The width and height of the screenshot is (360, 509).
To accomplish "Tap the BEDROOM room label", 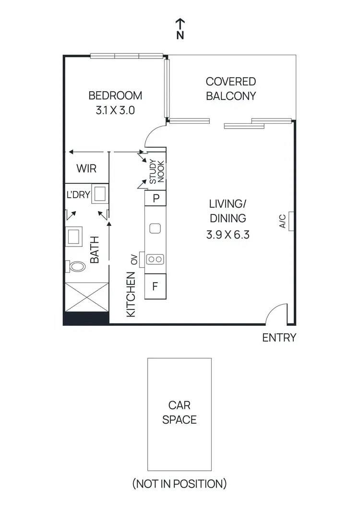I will pos(115,95).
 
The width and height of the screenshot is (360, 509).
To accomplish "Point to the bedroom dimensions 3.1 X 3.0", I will pos(115,110).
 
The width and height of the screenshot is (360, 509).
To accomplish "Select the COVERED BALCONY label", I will pos(231,89).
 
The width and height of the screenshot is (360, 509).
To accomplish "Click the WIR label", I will pos(87,169).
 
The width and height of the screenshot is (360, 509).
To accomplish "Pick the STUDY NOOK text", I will pos(156,172).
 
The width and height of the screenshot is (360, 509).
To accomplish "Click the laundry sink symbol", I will pos(100,194).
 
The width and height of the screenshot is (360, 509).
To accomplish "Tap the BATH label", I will pos(95,249).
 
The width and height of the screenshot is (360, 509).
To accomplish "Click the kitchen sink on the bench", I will pos(155,228).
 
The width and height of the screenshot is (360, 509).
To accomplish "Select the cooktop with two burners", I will pos(155,259).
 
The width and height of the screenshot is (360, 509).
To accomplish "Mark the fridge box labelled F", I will pos(155,287).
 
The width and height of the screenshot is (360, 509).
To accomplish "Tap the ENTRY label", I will pos(279,338).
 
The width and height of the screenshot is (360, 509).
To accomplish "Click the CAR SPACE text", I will pos(180,412).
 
